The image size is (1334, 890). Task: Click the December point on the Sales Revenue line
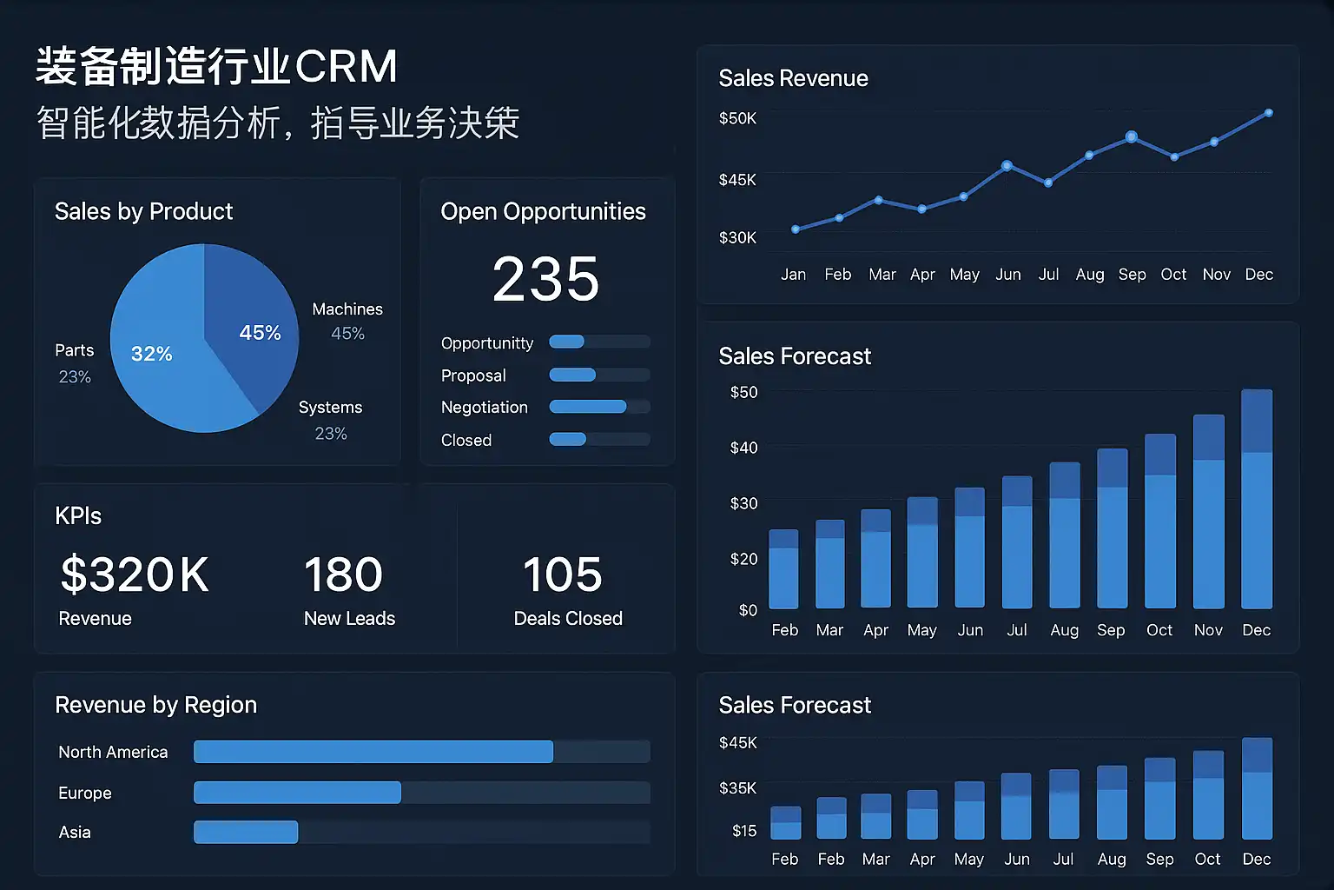(1269, 113)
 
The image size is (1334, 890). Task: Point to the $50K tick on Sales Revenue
(737, 118)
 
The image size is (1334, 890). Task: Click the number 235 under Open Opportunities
(545, 280)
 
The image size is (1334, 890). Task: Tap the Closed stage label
(466, 441)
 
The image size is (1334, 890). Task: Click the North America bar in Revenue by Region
(373, 752)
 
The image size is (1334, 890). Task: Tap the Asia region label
(75, 833)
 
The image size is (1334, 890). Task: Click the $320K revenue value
(135, 575)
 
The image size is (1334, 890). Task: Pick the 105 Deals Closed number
(562, 575)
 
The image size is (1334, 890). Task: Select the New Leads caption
(349, 619)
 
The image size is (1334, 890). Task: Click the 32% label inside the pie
(152, 354)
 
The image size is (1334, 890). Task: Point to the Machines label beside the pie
(347, 309)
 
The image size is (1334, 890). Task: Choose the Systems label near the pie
(330, 408)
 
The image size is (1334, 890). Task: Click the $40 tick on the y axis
(743, 448)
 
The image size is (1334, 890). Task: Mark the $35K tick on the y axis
(737, 788)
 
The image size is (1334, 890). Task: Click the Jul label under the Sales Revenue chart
(1048, 275)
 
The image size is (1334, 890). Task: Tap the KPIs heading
(78, 516)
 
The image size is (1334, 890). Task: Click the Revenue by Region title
(156, 705)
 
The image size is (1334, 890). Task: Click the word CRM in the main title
(347, 67)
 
